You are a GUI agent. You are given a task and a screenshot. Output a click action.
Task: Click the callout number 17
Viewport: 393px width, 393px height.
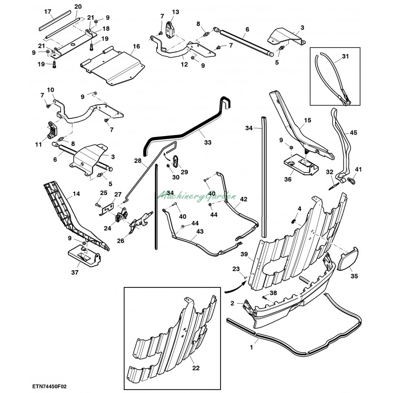pyautogui.click(x=48, y=11)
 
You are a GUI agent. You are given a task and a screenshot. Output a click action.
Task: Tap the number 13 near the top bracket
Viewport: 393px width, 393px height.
pyautogui.click(x=176, y=11)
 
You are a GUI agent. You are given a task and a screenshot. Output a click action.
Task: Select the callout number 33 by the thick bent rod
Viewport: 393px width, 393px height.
pyautogui.click(x=208, y=143)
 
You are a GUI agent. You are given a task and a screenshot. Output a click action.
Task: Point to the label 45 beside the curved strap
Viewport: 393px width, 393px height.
pyautogui.click(x=354, y=132)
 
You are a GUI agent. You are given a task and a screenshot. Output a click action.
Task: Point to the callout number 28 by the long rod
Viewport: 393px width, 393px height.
pyautogui.click(x=138, y=161)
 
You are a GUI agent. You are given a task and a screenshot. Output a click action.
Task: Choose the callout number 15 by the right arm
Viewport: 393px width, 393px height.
pyautogui.click(x=308, y=120)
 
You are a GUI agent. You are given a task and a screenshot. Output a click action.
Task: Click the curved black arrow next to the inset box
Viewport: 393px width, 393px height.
pyautogui.click(x=231, y=288)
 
